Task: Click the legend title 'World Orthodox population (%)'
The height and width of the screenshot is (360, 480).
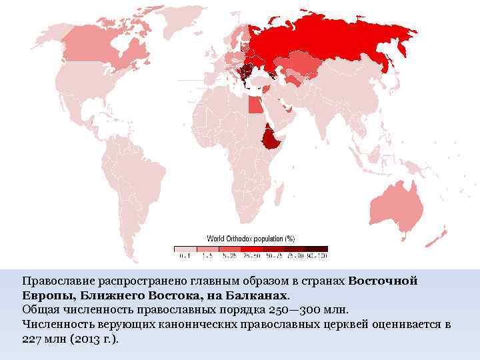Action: (x=251, y=238)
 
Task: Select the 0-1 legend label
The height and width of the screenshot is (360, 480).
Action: (x=184, y=255)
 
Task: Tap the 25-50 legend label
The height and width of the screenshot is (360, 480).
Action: (x=250, y=255)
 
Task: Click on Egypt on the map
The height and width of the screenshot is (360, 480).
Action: (x=255, y=105)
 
